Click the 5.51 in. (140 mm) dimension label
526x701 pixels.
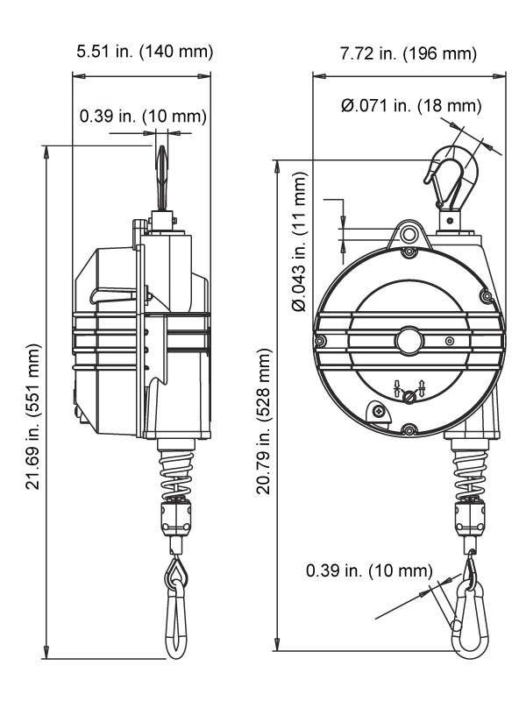click(x=145, y=52)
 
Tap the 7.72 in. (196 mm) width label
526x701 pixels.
click(x=408, y=53)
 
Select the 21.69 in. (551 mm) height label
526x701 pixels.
click(x=33, y=416)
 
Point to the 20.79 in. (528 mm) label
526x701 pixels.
click(x=264, y=421)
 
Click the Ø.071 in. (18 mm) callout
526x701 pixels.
click(x=411, y=106)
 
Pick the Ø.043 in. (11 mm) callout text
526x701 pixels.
click(x=300, y=242)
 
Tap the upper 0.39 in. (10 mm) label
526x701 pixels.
click(x=143, y=117)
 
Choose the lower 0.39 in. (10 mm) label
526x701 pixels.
click(x=369, y=571)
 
